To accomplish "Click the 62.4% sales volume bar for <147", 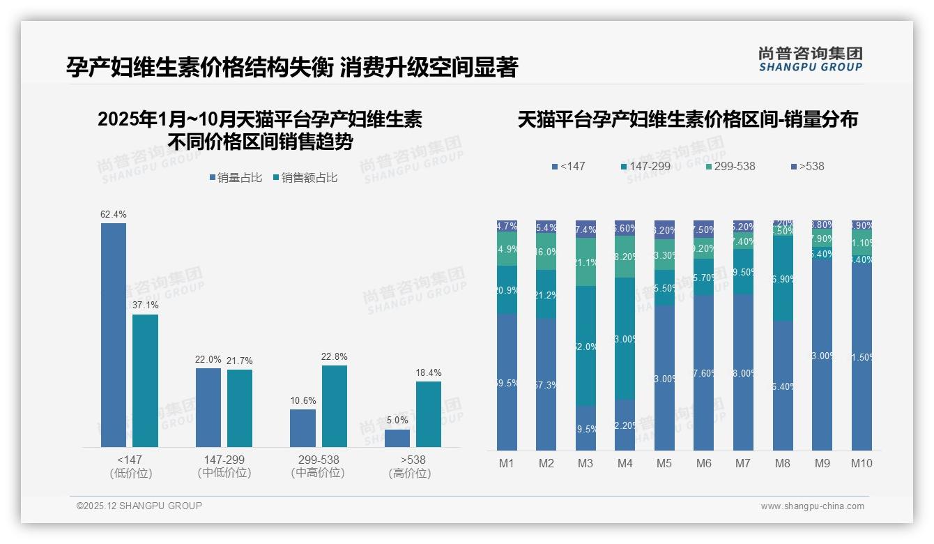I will (114, 335).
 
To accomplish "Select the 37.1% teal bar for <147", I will (146, 380).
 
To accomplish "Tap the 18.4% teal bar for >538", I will (429, 414).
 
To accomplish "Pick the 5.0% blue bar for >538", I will (397, 438).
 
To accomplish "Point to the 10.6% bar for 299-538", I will (303, 428).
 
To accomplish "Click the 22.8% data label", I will (335, 356).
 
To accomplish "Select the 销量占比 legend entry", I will (236, 178).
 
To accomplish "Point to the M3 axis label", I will (585, 463).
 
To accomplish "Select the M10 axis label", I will (862, 463).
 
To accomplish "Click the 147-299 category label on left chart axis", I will (224, 460).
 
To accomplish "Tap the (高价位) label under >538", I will (410, 473).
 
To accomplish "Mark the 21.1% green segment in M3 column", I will (585, 262).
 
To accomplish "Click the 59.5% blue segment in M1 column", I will (507, 382).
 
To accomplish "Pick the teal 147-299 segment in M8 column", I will (783, 279).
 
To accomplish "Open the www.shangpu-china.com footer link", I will (812, 506).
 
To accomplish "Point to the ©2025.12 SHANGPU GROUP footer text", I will (139, 506).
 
